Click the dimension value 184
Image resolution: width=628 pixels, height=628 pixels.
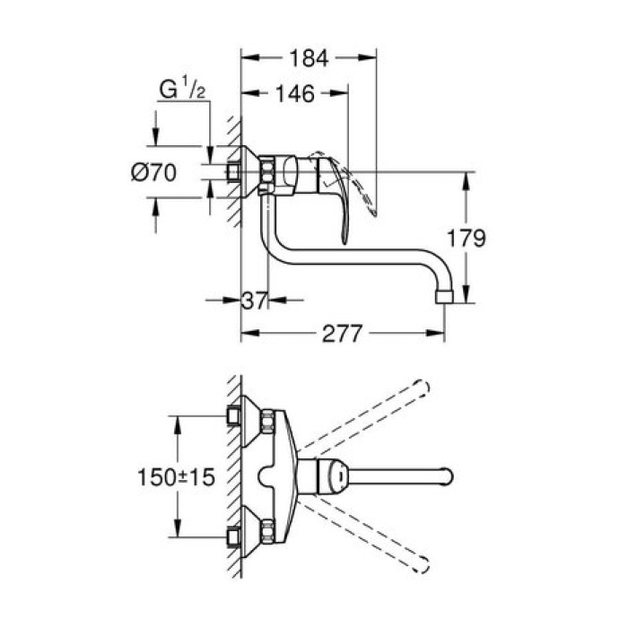310,58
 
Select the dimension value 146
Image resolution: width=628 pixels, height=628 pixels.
294,94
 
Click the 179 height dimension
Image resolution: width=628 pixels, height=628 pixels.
467,239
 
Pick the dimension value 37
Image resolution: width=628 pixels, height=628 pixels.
257,301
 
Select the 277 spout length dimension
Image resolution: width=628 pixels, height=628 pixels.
342,335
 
